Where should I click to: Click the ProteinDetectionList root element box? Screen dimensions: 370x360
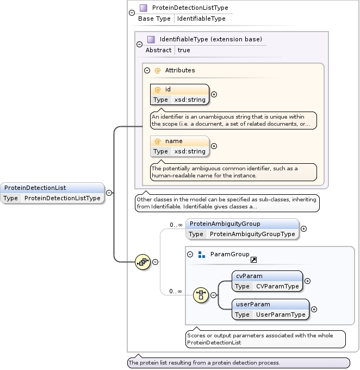[52, 193]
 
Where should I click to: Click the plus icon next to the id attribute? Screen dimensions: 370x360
[214, 94]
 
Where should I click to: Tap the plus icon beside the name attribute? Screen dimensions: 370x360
[214, 146]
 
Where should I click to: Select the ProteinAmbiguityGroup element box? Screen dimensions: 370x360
[242, 229]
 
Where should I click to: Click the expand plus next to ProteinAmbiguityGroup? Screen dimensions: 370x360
[303, 229]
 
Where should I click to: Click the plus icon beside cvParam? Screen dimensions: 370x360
[307, 281]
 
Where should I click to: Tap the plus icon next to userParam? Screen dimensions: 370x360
[314, 309]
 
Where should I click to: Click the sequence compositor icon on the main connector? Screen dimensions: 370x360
[142, 262]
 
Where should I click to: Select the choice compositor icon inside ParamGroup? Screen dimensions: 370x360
[201, 295]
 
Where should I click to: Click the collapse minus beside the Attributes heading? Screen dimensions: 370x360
[147, 70]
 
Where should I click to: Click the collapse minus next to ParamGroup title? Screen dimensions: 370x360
[190, 254]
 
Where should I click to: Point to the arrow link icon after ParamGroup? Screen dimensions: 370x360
[253, 260]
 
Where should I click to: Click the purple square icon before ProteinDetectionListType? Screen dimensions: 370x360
[143, 8]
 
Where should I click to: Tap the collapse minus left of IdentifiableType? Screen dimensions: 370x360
[139, 45]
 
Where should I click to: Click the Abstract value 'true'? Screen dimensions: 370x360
[184, 50]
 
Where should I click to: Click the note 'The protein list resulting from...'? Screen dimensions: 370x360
[238, 362]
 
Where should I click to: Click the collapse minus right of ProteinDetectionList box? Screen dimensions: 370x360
[109, 193]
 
